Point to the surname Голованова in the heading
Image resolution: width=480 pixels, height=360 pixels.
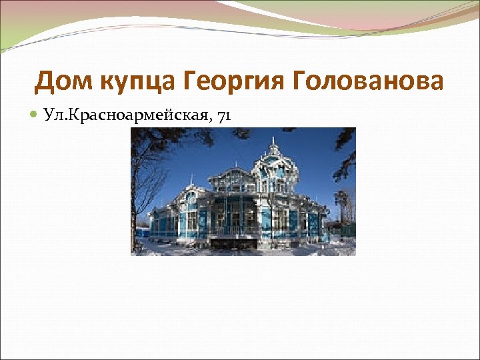[x=367, y=81]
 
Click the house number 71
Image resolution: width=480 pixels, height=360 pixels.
[x=224, y=116]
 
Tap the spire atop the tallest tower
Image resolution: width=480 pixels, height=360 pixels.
[x=273, y=142]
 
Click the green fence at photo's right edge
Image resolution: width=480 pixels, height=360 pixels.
[x=349, y=230]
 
